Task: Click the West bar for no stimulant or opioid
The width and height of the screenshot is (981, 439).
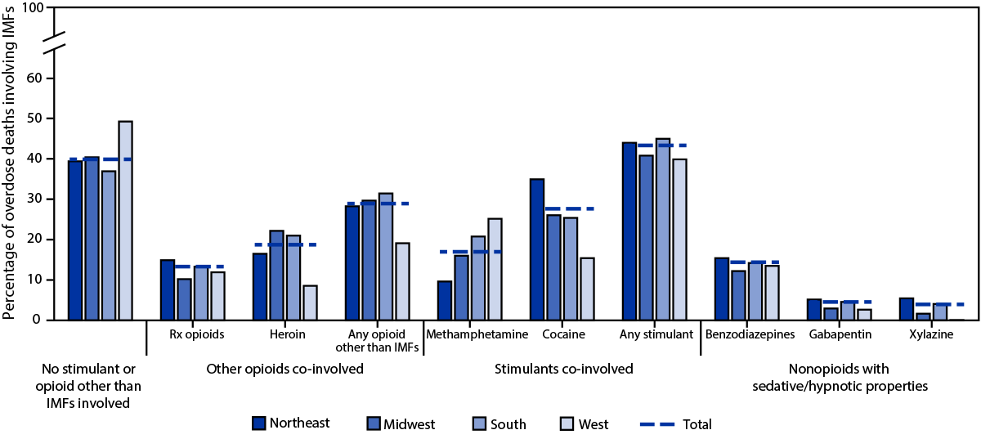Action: (125, 221)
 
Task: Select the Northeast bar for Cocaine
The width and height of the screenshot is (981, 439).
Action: (537, 249)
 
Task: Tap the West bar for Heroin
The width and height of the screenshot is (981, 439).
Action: (310, 302)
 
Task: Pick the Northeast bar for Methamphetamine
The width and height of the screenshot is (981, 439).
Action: (445, 300)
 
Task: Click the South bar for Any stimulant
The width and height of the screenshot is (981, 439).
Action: (663, 230)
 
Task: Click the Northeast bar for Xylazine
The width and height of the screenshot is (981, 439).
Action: (907, 309)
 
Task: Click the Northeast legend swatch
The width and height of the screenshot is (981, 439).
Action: (260, 423)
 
